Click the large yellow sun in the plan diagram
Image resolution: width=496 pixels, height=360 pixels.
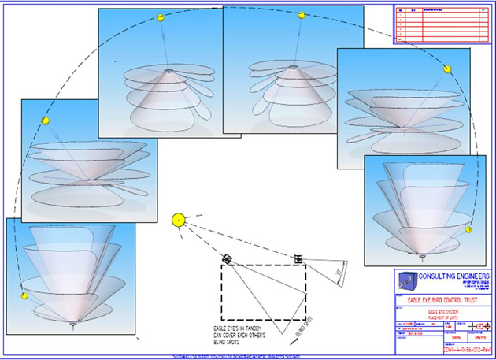coord(179,218)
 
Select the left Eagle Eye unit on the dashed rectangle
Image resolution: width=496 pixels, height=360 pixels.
coord(227,258)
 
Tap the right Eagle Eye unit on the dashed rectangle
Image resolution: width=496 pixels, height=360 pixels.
coord(298,258)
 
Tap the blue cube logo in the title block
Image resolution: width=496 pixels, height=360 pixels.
coord(406,281)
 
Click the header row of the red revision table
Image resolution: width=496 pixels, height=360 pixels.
coord(441,11)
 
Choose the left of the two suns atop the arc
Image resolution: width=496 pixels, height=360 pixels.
coord(160,17)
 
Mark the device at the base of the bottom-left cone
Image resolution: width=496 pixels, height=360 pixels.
coord(72,324)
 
